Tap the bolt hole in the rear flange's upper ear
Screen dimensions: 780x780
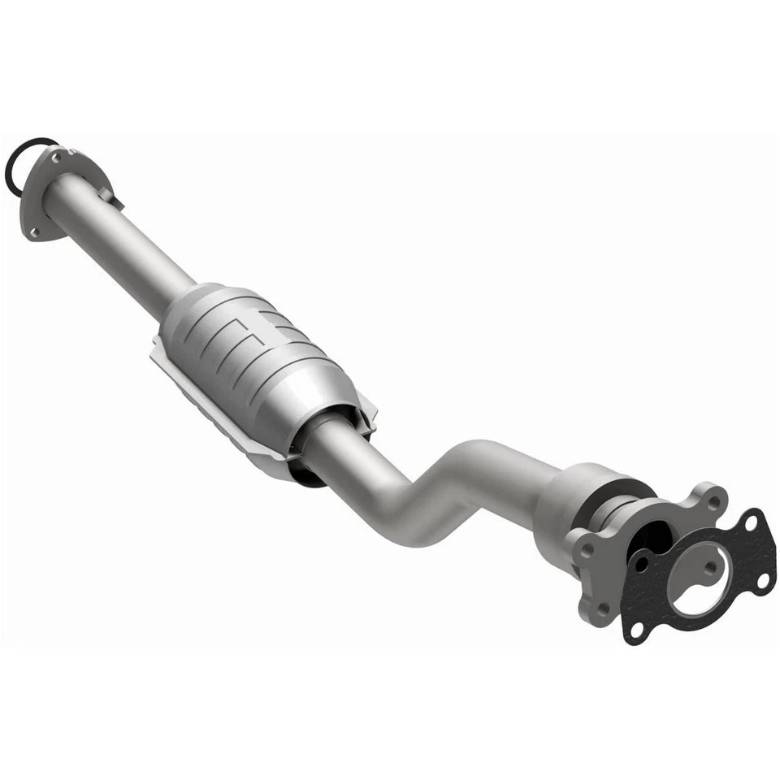click(713, 500)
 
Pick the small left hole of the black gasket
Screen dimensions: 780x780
click(642, 563)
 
